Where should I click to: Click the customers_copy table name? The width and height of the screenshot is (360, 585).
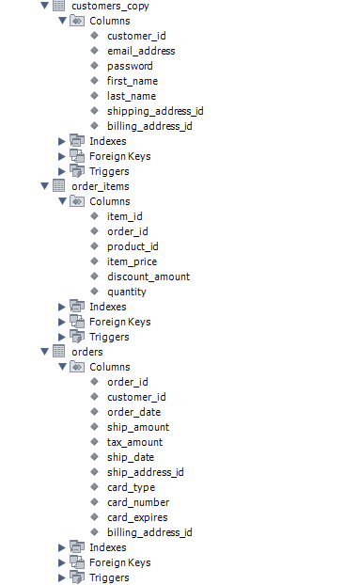(x=110, y=6)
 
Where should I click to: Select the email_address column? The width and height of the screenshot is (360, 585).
(x=140, y=51)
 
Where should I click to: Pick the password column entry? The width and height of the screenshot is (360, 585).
(x=130, y=66)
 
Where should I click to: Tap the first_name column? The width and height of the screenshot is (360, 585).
(x=132, y=81)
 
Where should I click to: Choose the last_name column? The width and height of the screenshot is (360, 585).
(x=132, y=96)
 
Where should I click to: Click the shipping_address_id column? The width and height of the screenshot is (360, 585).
(x=155, y=111)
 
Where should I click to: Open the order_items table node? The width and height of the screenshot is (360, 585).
(x=101, y=186)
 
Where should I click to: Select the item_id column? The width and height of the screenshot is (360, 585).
(x=125, y=216)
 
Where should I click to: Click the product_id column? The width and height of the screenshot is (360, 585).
(x=133, y=246)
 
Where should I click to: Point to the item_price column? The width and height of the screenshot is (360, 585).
(x=132, y=261)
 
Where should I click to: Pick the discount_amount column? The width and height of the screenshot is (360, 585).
(x=148, y=277)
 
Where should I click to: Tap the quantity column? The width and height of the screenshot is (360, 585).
(x=127, y=292)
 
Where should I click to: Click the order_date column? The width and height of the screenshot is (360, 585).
(x=133, y=412)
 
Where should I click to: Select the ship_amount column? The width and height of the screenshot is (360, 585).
(x=138, y=427)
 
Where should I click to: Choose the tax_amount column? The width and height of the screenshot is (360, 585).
(x=134, y=442)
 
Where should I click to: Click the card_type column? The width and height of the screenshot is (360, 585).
(x=131, y=487)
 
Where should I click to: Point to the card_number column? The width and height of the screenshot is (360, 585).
(x=137, y=502)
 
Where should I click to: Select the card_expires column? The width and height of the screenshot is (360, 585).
(x=137, y=517)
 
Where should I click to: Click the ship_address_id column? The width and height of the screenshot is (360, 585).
(x=145, y=472)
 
